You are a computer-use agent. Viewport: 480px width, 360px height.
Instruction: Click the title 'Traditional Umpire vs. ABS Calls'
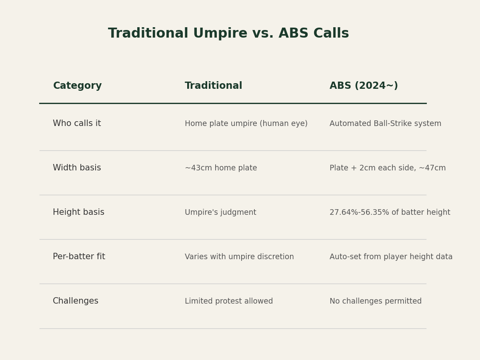(228, 33)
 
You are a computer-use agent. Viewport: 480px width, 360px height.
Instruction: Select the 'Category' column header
(78, 86)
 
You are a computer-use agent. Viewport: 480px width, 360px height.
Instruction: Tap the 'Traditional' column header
(214, 86)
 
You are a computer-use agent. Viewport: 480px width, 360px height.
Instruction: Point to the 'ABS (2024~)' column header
(364, 86)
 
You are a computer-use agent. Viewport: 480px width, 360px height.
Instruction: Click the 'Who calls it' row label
(77, 123)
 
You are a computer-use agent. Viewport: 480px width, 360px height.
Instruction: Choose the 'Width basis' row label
(77, 168)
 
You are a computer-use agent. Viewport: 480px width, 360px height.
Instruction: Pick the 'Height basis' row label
(79, 212)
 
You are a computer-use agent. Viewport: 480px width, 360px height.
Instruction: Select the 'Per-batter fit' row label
(79, 256)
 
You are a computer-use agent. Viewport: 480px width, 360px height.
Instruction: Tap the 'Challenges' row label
(76, 301)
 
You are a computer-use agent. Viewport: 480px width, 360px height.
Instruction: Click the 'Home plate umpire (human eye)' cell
(246, 124)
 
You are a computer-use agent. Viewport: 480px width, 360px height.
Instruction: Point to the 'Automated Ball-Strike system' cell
(385, 124)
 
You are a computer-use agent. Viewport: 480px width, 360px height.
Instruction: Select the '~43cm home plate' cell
(221, 168)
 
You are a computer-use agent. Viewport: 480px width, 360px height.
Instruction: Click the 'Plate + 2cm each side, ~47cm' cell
(388, 168)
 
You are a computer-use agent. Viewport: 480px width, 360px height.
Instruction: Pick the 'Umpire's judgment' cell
(220, 212)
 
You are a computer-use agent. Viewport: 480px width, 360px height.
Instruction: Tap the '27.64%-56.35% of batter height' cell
(390, 212)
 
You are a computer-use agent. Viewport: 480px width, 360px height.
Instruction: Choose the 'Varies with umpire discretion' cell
(239, 257)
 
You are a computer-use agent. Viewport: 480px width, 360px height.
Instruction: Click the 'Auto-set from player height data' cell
(391, 257)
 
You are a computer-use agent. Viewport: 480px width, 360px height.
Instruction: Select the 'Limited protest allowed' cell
(229, 301)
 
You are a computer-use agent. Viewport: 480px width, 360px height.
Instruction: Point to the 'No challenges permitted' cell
(376, 301)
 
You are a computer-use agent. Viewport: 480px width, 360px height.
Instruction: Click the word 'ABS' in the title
(294, 33)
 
